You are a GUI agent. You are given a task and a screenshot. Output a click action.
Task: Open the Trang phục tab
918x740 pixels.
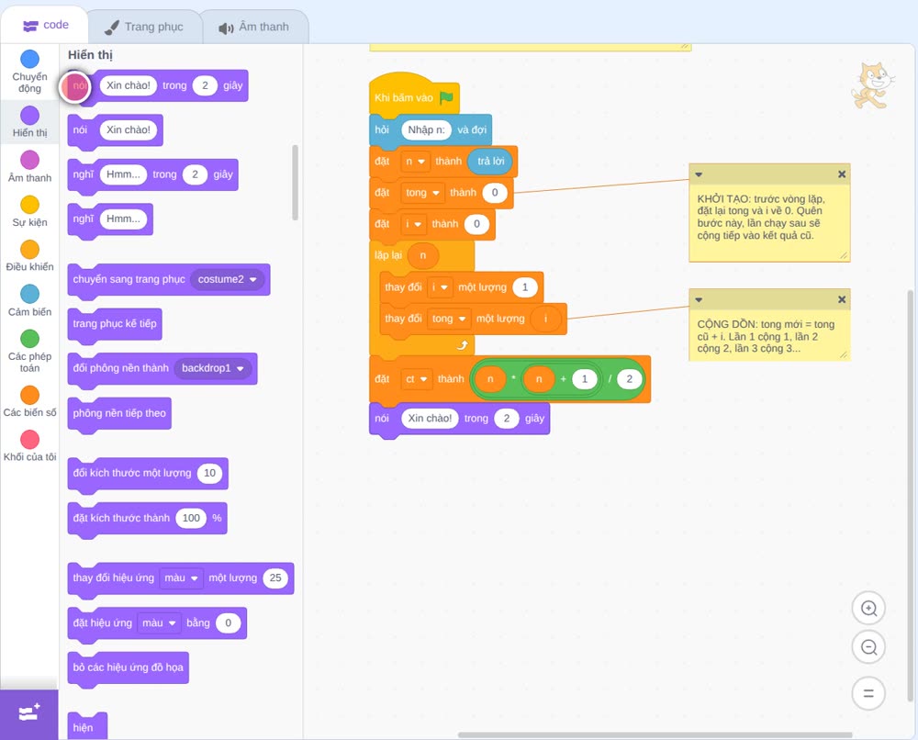[x=144, y=27]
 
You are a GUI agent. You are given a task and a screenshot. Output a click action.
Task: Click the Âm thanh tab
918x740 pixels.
[x=254, y=27]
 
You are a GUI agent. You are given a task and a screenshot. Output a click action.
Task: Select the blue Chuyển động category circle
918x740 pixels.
[x=30, y=59]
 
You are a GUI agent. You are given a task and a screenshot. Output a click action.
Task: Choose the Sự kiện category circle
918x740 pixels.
[x=30, y=205]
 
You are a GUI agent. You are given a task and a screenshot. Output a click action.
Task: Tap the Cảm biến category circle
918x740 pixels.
[x=30, y=294]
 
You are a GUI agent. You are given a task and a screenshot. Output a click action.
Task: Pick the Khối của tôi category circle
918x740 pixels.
[x=30, y=439]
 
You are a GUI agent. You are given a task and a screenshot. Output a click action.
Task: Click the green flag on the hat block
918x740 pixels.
[x=446, y=97]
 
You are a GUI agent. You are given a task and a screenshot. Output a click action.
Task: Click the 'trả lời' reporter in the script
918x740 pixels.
[x=490, y=162]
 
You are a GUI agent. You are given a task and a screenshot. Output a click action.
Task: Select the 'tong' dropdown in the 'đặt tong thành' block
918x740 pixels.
[x=422, y=193]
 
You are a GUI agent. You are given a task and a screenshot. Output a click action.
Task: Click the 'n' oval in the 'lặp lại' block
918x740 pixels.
[x=422, y=255]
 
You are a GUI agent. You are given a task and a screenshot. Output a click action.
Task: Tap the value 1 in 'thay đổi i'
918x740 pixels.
[x=524, y=287]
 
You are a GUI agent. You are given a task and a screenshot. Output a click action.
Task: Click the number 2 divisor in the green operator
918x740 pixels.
[x=630, y=379]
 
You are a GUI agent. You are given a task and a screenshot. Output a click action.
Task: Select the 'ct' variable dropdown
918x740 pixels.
[x=416, y=379]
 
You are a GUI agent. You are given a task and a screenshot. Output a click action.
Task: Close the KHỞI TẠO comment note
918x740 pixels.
[x=841, y=174]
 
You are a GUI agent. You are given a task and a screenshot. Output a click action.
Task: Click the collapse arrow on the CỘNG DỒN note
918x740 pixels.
[x=699, y=299]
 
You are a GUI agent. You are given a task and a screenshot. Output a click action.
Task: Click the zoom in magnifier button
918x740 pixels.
[x=868, y=609]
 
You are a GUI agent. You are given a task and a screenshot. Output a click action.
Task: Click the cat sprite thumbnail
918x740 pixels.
[x=873, y=85]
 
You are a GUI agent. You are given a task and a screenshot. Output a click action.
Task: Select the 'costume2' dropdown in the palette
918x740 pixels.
[x=227, y=279]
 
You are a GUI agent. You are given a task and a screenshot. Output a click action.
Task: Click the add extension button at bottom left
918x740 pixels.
[x=29, y=713]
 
